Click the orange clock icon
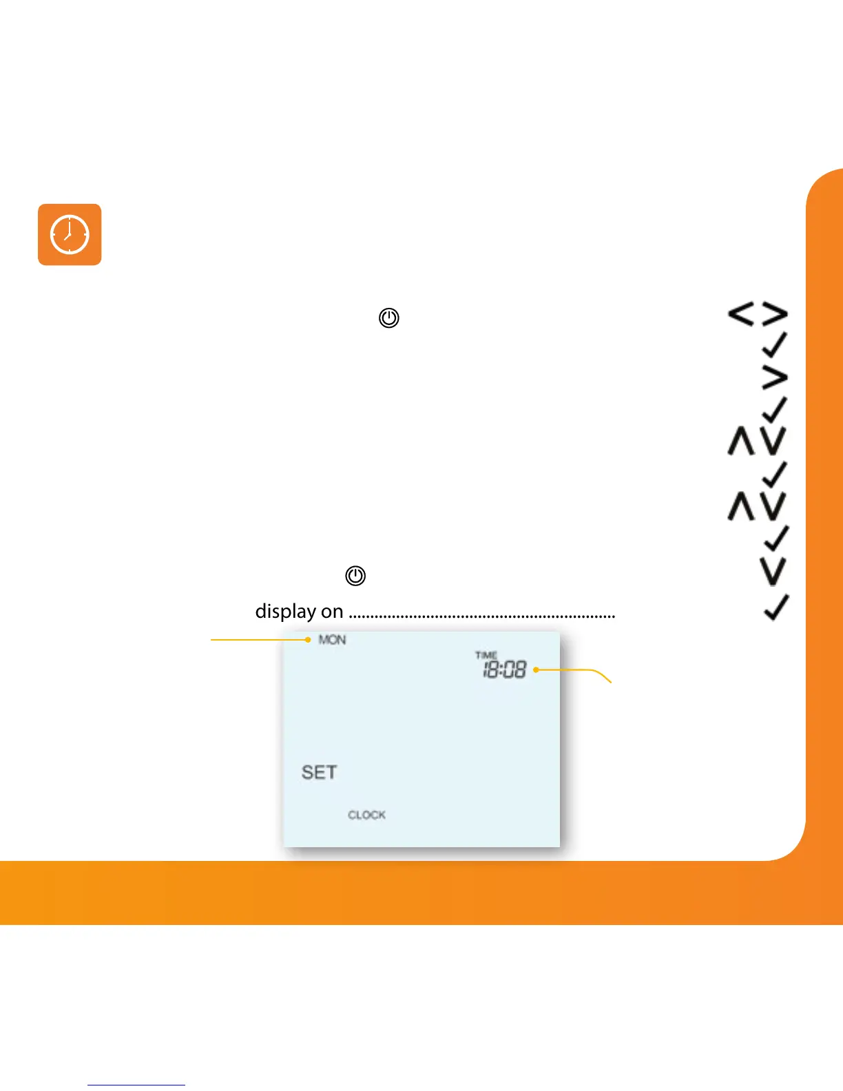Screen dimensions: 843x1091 pos(70,234)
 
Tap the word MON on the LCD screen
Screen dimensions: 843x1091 pos(332,640)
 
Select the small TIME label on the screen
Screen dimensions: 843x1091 pos(486,655)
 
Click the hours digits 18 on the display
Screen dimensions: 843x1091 pos(491,669)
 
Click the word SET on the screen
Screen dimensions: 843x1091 pos(320,772)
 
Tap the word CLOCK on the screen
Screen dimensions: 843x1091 pos(366,815)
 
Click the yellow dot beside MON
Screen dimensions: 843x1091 pos(308,640)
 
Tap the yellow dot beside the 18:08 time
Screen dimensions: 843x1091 pos(536,669)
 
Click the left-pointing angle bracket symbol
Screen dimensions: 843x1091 pos(741,315)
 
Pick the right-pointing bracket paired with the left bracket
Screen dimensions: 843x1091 pos(775,315)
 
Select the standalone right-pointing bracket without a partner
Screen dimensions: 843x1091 pos(775,377)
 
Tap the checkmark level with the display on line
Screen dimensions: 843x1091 pos(776,607)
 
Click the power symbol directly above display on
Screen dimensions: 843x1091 pos(355,576)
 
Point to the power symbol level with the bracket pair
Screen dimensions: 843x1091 pos(389,318)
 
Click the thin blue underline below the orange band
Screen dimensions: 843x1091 pos(136,1085)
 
